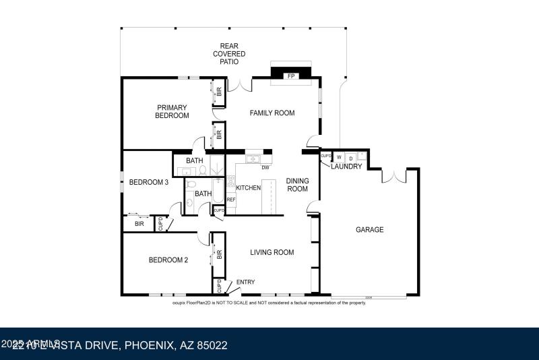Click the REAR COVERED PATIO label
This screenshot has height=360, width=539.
click(x=229, y=53)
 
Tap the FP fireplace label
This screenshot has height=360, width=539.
click(x=291, y=76)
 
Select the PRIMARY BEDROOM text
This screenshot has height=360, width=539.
click(x=172, y=111)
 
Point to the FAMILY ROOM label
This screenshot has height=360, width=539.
click(x=272, y=113)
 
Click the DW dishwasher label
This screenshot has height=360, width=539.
click(x=265, y=168)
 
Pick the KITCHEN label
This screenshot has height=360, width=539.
click(x=248, y=188)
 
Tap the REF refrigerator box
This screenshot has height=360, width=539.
click(x=231, y=200)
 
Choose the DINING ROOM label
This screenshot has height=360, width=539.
click(x=298, y=185)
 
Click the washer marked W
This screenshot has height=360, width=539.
click(x=339, y=158)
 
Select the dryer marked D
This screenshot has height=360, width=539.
click(x=350, y=158)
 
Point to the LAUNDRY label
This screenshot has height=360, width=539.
click(x=346, y=167)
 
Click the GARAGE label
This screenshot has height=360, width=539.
click(x=369, y=230)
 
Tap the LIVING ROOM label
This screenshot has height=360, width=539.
click(x=272, y=253)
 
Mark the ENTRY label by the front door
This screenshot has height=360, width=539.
click(x=245, y=282)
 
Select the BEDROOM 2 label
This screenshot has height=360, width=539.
click(x=168, y=260)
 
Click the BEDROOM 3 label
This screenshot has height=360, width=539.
click(x=149, y=182)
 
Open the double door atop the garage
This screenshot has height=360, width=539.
click(x=393, y=177)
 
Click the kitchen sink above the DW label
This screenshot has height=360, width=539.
click(x=253, y=160)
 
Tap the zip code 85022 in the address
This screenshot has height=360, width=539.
click(x=211, y=345)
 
